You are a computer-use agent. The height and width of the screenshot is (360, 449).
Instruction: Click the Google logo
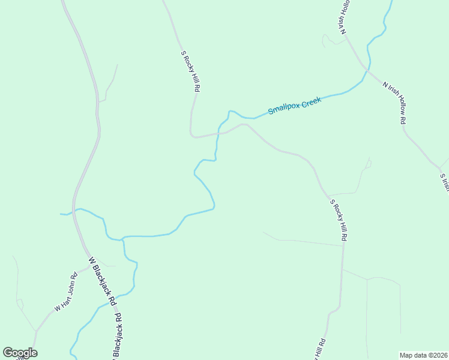(x=20, y=353)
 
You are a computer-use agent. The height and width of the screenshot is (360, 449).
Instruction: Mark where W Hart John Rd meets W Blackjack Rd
(x=89, y=266)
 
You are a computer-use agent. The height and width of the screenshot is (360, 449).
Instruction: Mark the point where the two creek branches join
(x=122, y=239)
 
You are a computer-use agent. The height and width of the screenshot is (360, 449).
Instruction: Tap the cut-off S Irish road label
(x=444, y=182)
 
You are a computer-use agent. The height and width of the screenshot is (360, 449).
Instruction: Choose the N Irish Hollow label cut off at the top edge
(x=345, y=17)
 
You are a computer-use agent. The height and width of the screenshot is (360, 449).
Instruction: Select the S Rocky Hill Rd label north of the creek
(x=190, y=71)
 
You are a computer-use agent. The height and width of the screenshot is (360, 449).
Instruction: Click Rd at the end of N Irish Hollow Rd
(x=403, y=118)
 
